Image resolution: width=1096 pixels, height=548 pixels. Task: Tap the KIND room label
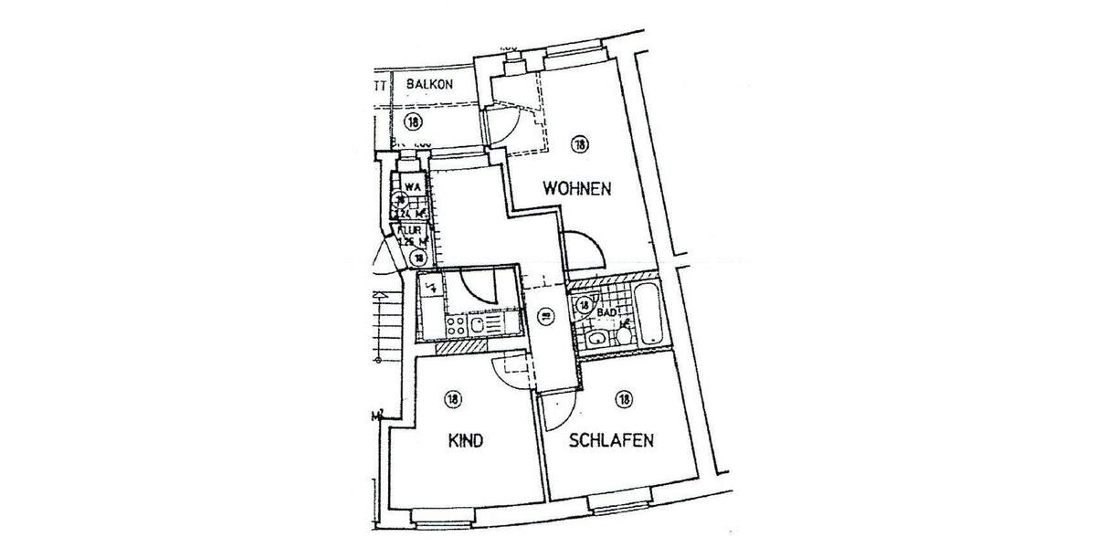pos(465,441)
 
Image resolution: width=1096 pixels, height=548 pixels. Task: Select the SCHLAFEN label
pos(610,441)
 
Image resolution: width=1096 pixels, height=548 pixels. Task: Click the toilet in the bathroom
pos(623,337)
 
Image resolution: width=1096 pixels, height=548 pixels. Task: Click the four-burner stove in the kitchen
pos(457,325)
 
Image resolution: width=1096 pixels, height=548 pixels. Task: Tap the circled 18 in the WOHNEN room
pos(579,143)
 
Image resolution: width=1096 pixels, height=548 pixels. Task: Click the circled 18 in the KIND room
pos(452,398)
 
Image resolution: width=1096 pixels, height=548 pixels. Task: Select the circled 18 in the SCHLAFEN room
pos(625,398)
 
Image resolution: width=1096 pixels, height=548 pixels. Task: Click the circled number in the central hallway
pos(545,317)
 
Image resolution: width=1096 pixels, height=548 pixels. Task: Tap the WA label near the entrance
pos(413,187)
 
